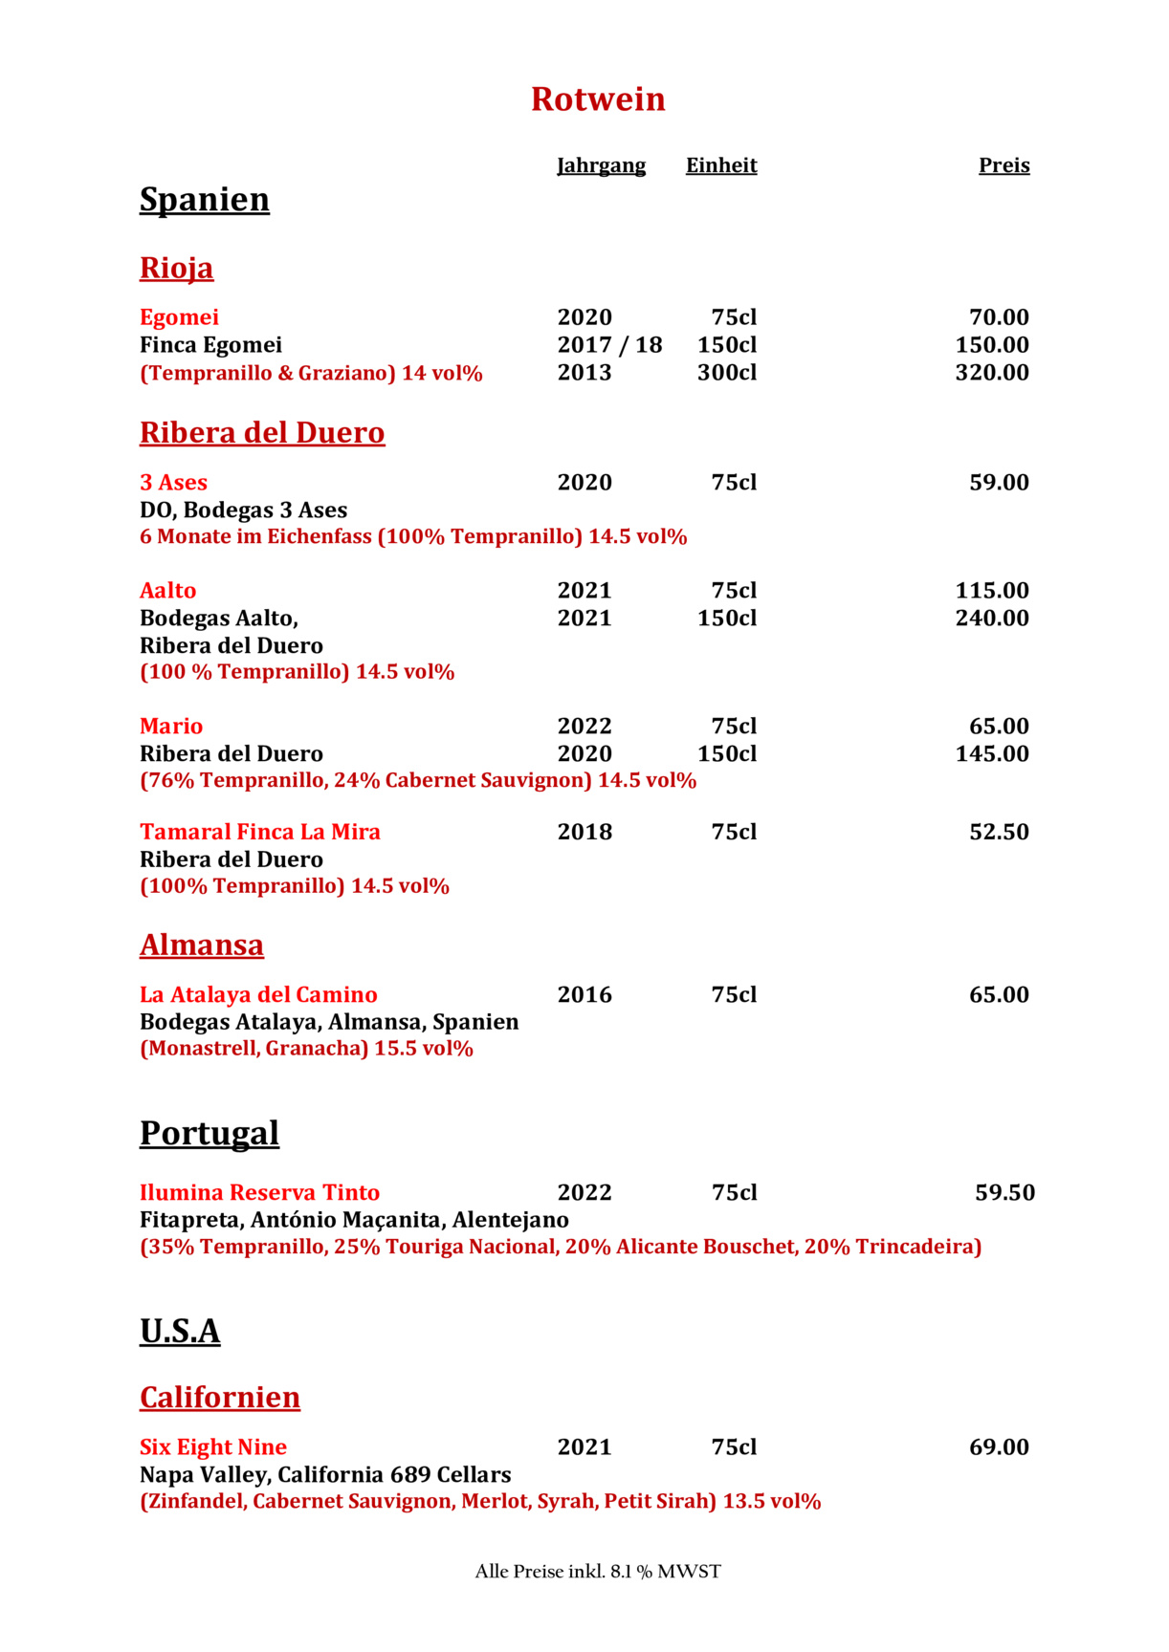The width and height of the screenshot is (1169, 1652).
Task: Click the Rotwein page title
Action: click(x=598, y=99)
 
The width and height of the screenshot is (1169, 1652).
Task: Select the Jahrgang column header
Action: click(x=601, y=165)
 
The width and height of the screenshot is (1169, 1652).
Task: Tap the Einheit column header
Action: click(x=721, y=165)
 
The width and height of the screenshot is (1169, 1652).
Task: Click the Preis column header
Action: click(x=1004, y=165)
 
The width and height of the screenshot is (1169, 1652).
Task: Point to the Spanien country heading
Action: click(x=205, y=200)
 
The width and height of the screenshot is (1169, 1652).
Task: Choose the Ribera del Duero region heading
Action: click(x=262, y=433)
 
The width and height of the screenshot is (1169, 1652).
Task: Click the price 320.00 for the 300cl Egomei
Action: click(x=992, y=373)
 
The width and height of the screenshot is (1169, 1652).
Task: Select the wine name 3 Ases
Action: click(x=173, y=483)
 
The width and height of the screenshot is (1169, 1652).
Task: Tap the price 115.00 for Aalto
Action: click(x=992, y=591)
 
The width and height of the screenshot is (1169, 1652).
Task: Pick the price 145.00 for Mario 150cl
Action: click(x=992, y=754)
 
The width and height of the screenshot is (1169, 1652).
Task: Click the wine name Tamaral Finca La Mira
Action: click(x=260, y=833)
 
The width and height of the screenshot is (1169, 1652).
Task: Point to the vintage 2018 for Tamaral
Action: click(x=584, y=833)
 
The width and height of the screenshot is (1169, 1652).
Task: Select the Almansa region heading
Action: click(x=202, y=946)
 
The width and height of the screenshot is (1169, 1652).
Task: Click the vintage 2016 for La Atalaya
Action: click(x=584, y=995)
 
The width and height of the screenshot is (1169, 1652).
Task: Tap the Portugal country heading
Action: click(x=210, y=1134)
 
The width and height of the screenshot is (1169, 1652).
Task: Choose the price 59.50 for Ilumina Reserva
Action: click(x=1004, y=1193)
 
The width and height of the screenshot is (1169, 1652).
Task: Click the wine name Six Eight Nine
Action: click(x=213, y=1447)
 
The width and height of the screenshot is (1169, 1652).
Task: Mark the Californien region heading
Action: click(x=220, y=1398)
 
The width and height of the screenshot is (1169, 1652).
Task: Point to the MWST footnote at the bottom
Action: click(x=598, y=1572)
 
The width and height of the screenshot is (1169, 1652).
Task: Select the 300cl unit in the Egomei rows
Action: click(x=726, y=373)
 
